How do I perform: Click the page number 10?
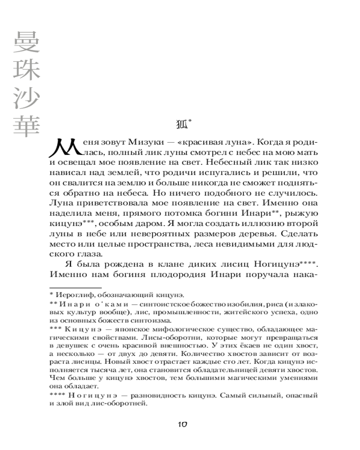coord(182,425)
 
